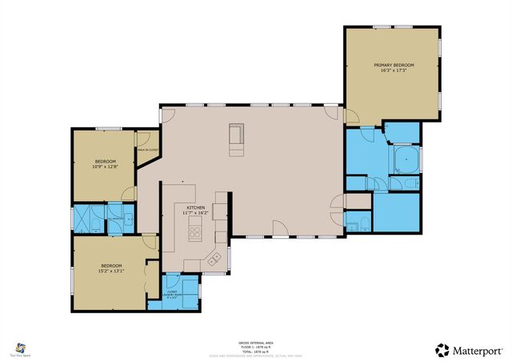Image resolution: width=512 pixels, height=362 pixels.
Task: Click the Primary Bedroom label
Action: [x=393, y=67]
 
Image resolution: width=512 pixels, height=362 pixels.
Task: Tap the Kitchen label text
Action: [x=196, y=210]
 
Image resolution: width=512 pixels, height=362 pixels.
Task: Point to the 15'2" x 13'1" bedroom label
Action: [x=111, y=268]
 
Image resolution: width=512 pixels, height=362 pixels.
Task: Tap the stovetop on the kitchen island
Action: [x=195, y=233]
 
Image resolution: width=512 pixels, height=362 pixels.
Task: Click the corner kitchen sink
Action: [x=214, y=258]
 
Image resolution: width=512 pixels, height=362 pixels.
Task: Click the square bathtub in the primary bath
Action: [x=407, y=159]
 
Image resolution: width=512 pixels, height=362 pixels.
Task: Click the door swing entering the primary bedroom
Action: [x=351, y=116]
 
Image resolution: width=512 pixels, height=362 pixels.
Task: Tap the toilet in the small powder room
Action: [x=363, y=222]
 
